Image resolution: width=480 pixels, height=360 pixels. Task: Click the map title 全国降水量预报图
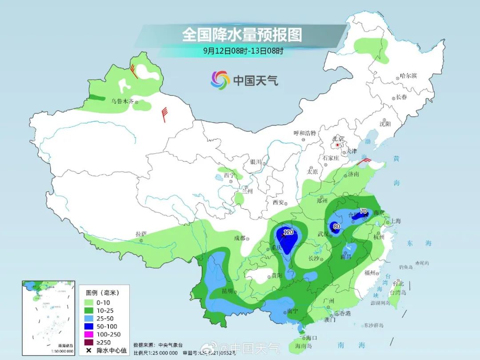(x=242, y=35)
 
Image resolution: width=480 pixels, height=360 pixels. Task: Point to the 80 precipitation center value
(x=336, y=226)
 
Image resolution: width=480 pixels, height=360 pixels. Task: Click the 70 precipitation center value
(x=363, y=211)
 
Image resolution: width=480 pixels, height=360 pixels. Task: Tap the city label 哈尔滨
(x=408, y=76)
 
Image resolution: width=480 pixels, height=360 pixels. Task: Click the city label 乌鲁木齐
(x=122, y=101)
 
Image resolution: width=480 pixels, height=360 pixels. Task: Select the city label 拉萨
(x=141, y=234)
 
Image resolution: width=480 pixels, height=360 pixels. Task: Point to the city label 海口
(x=312, y=338)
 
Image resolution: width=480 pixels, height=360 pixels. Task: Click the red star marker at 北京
(x=338, y=145)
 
